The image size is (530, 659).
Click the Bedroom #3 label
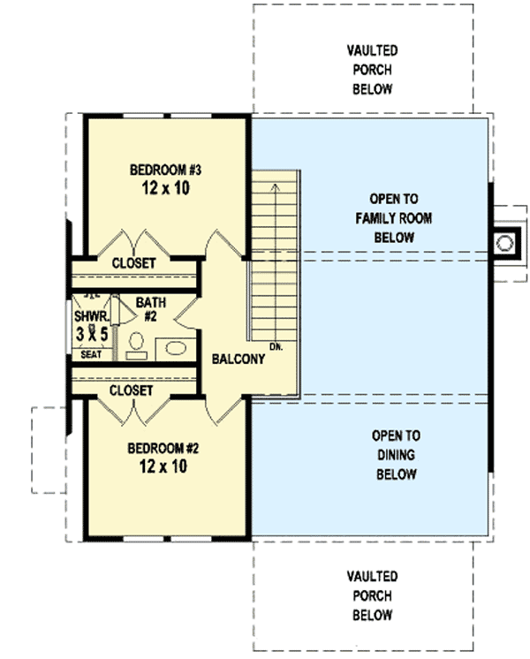tap(165, 170)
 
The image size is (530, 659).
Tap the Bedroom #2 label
tap(163, 449)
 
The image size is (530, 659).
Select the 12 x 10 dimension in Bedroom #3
tap(165, 188)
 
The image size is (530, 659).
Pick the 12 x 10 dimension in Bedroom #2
tap(163, 466)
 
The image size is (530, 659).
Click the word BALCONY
tap(238, 359)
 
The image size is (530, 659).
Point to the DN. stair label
tap(276, 347)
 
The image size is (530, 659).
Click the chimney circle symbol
tap(504, 243)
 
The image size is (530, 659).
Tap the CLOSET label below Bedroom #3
tap(133, 263)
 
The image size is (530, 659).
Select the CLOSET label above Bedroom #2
tap(131, 390)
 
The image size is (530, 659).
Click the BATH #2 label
tap(151, 309)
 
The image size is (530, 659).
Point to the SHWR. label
tap(92, 316)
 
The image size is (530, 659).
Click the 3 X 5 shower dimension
tap(92, 334)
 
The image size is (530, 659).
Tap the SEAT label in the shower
tap(91, 355)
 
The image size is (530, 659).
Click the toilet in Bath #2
tap(136, 346)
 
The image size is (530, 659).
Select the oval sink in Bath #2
tap(176, 348)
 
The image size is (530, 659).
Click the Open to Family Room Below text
tap(394, 218)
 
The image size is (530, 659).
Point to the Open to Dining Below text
tap(396, 455)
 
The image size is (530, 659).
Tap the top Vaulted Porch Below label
tap(373, 70)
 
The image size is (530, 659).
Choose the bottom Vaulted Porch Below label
tap(373, 595)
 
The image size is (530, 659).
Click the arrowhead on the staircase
tap(275, 187)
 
